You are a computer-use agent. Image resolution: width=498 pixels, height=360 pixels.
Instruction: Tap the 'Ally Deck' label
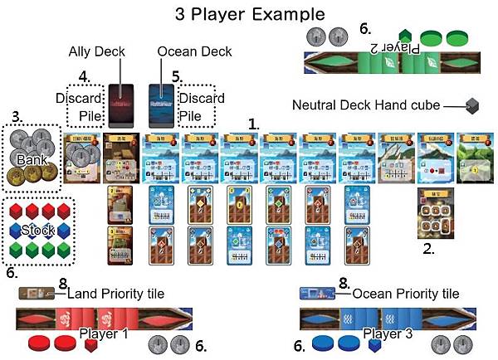click(96, 51)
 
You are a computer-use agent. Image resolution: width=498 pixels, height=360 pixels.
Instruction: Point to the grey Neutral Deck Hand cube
click(471, 105)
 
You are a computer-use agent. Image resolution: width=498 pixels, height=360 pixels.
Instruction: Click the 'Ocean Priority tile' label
click(404, 293)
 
